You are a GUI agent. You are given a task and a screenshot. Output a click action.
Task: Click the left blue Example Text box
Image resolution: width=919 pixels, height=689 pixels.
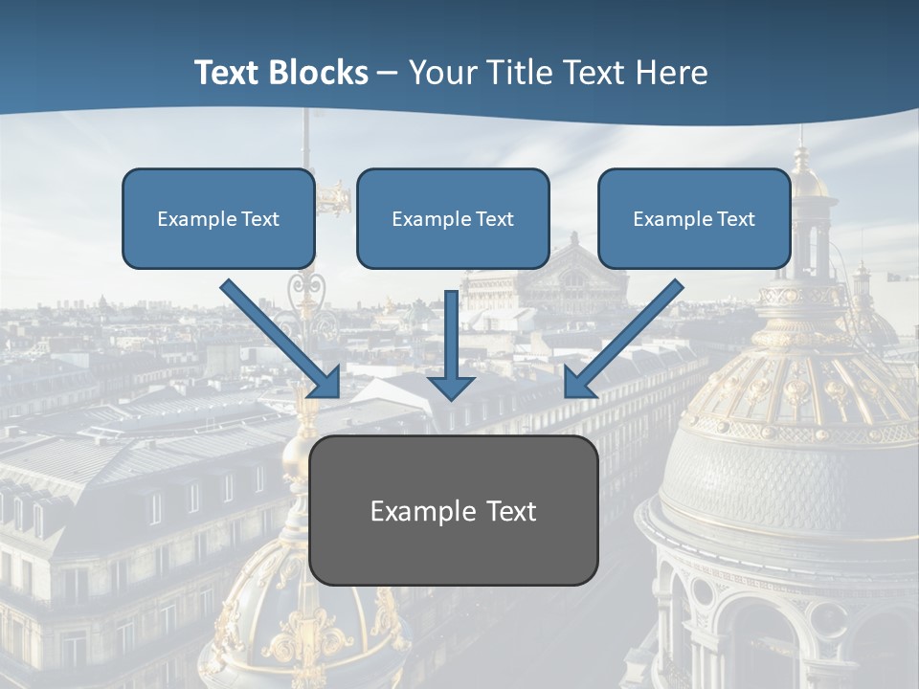coord(218,218)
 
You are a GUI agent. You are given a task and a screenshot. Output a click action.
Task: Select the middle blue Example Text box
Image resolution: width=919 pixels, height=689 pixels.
coord(453,218)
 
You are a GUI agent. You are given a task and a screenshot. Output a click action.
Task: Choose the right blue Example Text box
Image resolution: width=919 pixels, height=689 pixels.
coord(694,218)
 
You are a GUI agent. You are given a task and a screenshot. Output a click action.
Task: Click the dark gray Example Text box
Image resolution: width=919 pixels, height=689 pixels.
coord(453,510)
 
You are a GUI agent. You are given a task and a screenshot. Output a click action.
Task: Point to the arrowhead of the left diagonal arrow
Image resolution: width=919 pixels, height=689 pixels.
coord(325,383)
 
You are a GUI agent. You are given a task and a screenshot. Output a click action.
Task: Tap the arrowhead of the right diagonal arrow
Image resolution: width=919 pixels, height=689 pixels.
coord(579,383)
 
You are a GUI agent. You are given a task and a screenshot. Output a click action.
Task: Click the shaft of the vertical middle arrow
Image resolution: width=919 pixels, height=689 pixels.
coord(451,330)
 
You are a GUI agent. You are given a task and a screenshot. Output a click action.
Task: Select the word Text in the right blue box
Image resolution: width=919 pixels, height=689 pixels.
coord(735,219)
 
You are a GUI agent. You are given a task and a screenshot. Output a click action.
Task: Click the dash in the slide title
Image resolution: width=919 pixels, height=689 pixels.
coord(388,74)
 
